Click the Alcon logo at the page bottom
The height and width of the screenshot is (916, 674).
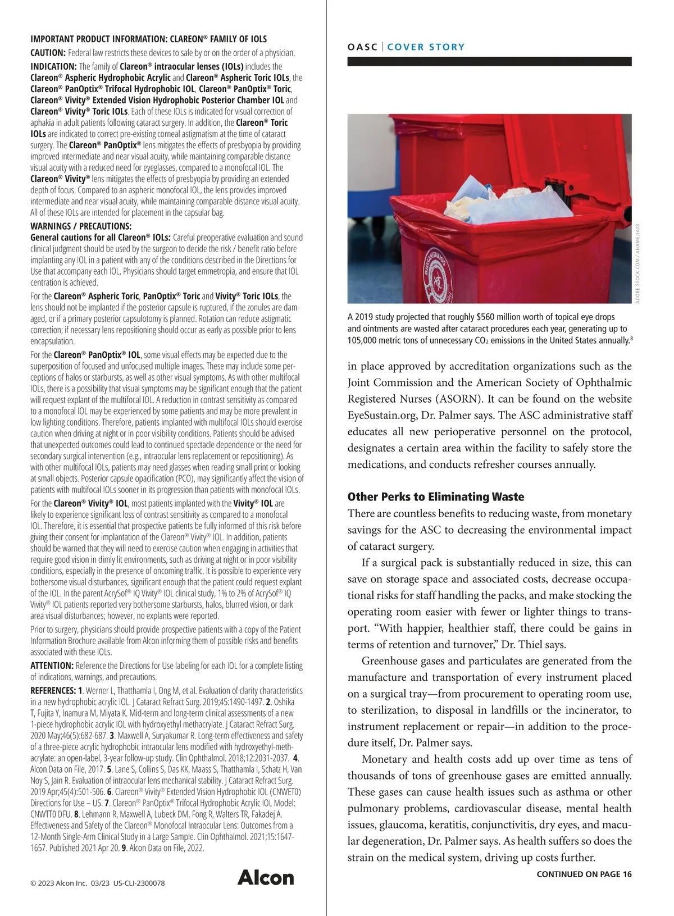(266, 877)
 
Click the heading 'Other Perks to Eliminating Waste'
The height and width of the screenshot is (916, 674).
(436, 496)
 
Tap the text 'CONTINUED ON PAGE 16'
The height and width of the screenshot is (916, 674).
(584, 874)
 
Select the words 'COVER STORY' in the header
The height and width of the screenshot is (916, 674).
(426, 47)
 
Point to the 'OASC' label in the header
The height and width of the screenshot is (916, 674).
(362, 47)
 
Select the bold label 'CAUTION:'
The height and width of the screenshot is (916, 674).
(48, 53)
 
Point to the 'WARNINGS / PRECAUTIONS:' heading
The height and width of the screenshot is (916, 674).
(81, 226)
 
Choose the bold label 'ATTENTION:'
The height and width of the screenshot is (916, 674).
(52, 666)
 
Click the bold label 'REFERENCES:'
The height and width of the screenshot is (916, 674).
(53, 690)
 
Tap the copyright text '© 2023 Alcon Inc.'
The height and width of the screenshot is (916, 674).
(58, 883)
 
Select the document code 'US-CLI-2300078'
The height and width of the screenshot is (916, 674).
(139, 883)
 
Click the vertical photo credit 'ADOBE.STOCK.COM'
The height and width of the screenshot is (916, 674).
(637, 281)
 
